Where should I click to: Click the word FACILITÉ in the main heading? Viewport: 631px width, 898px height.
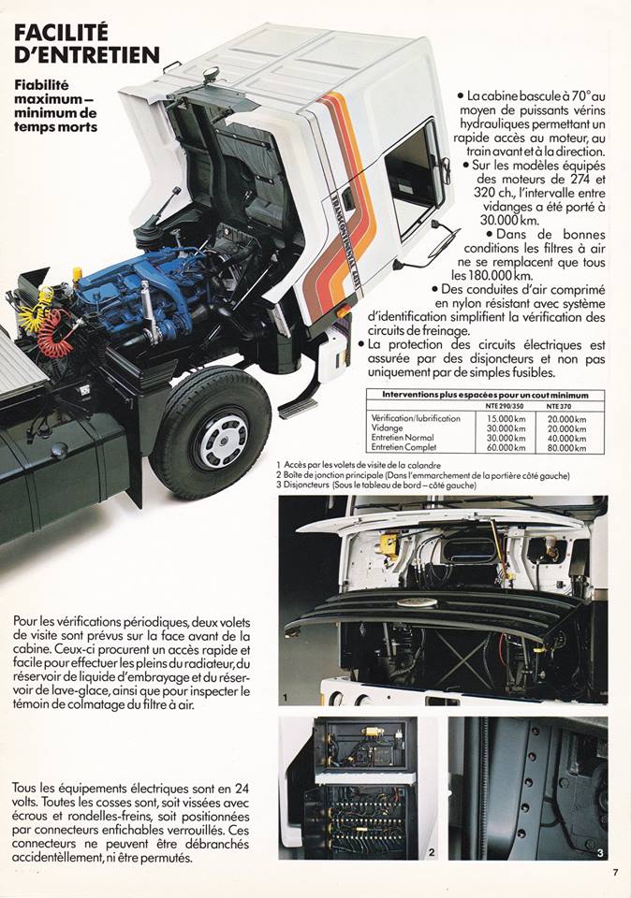click(x=62, y=36)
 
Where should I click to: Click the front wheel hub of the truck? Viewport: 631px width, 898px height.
click(x=221, y=438)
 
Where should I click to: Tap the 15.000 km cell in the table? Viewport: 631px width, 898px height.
click(x=506, y=418)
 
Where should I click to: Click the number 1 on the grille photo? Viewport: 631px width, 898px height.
click(x=285, y=697)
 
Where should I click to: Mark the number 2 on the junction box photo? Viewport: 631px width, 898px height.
click(x=431, y=852)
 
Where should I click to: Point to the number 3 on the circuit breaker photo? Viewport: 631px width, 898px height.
click(x=600, y=852)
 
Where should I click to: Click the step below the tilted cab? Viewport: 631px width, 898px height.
click(x=298, y=409)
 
